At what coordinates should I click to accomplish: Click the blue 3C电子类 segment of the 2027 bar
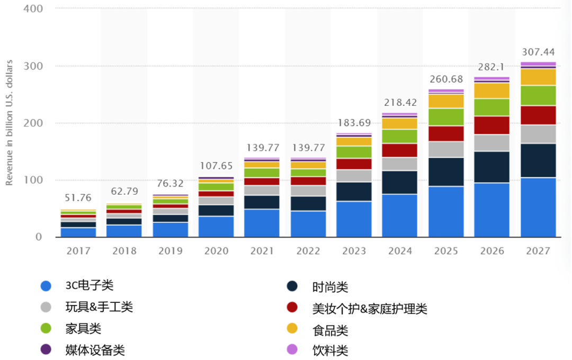[x=538, y=207]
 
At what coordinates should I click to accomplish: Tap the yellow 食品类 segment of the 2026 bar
[x=492, y=91]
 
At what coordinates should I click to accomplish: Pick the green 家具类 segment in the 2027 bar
[x=538, y=95]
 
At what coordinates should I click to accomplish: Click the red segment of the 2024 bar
[x=399, y=150]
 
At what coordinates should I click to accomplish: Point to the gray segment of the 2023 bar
[x=353, y=176]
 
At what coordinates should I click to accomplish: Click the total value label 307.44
[x=538, y=52]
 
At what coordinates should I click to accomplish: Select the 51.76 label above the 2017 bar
[x=78, y=198]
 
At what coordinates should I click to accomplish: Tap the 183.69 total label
[x=353, y=123]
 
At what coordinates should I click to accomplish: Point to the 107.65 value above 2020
[x=215, y=166]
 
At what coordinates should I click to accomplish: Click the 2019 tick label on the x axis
[x=170, y=251]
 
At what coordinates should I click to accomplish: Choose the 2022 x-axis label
[x=307, y=251]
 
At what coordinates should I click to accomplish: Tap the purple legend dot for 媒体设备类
[x=46, y=349]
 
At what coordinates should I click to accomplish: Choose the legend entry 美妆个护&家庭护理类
[x=370, y=308]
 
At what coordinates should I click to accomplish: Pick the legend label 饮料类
[x=330, y=350]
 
